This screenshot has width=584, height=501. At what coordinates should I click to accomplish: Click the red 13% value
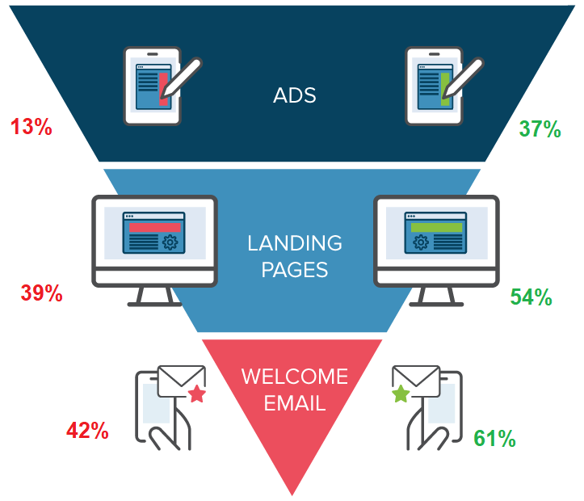[32, 127]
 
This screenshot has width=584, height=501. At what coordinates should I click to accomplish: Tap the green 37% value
[540, 129]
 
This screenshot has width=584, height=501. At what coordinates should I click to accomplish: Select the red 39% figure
[42, 293]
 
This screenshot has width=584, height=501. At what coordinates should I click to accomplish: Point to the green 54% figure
[531, 297]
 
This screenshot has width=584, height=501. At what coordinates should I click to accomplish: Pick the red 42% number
[87, 431]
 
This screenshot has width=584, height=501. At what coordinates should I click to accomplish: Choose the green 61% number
[494, 438]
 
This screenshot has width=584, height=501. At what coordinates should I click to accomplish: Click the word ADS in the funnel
[295, 95]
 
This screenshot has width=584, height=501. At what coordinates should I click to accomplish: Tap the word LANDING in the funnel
[295, 243]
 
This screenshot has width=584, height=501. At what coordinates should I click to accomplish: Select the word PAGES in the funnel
[295, 270]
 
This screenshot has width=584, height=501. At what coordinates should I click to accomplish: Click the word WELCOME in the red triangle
[295, 377]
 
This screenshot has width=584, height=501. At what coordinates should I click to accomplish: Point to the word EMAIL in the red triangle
[295, 403]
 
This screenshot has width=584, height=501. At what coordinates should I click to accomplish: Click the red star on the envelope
[197, 394]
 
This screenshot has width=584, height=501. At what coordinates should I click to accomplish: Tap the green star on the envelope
[401, 394]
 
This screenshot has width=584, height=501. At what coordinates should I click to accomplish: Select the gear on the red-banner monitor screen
[170, 242]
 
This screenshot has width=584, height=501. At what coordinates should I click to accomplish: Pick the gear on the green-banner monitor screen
[421, 242]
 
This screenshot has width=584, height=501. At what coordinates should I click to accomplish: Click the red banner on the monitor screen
[155, 227]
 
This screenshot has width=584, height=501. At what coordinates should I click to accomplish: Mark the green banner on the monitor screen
[436, 227]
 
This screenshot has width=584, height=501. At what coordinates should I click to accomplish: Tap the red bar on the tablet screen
[163, 89]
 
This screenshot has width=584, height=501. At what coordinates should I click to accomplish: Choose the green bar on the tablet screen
[445, 89]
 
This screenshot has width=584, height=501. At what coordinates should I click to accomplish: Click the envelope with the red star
[181, 381]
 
